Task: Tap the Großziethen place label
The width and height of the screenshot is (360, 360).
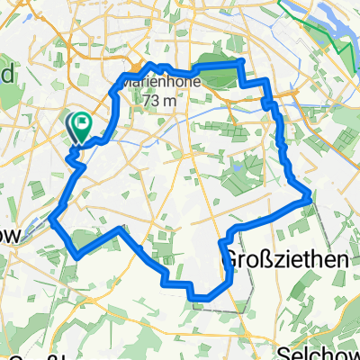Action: (x=271, y=259)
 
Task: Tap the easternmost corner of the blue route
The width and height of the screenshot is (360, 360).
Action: (x=311, y=193)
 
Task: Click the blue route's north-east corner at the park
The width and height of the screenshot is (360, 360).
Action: (x=241, y=61)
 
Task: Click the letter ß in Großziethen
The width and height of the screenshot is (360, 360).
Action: (x=257, y=259)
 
